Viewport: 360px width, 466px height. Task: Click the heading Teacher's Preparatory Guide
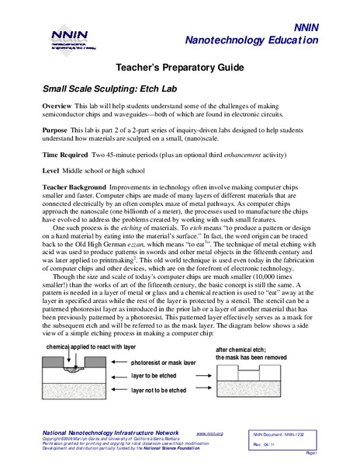click(x=180, y=68)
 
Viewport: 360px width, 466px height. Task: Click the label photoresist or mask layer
click(x=165, y=363)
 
